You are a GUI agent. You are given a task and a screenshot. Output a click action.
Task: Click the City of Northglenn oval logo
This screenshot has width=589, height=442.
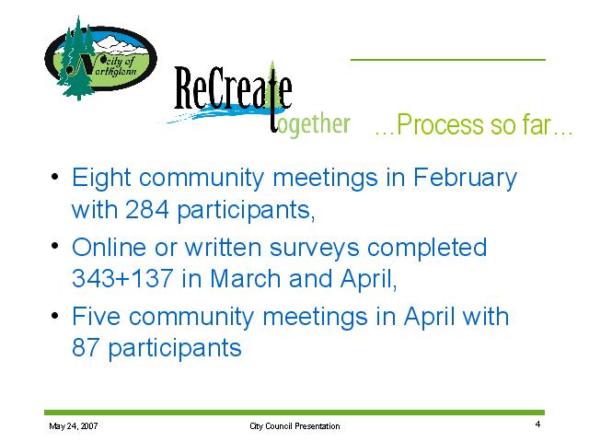click(x=100, y=58)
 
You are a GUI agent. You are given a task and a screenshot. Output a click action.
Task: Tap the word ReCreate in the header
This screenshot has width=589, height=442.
click(x=233, y=88)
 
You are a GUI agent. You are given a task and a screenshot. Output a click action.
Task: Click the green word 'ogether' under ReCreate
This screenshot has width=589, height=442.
click(x=314, y=124)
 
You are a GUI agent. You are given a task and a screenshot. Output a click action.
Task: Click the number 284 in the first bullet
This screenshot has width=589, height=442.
click(x=147, y=209)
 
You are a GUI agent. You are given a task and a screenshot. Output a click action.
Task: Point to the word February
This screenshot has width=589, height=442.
click(x=465, y=178)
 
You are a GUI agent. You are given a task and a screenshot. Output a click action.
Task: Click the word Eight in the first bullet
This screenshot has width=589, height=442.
click(x=101, y=178)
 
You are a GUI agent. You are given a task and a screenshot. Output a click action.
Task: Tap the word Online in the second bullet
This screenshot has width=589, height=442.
click(x=109, y=248)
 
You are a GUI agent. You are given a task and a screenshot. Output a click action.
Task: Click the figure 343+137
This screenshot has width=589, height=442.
click(x=122, y=278)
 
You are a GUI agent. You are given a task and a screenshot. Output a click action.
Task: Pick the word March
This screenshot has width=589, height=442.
click(x=245, y=278)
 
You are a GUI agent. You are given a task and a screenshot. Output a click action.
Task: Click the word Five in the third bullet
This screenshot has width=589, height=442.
click(x=96, y=316)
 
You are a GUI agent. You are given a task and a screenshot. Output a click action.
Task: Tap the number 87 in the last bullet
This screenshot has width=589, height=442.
click(x=86, y=348)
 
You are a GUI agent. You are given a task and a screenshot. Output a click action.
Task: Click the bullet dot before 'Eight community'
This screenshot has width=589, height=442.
click(x=55, y=176)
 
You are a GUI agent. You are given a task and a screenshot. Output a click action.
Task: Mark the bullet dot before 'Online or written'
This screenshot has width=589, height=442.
click(x=55, y=246)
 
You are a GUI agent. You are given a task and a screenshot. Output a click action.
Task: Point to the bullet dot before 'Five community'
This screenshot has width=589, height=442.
click(x=55, y=315)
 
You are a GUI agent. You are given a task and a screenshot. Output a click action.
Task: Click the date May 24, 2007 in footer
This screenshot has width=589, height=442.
click(x=74, y=426)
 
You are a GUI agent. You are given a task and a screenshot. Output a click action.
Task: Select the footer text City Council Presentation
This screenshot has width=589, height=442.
click(x=294, y=426)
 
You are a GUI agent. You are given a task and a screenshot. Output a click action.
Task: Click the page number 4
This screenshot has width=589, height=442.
click(x=537, y=424)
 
